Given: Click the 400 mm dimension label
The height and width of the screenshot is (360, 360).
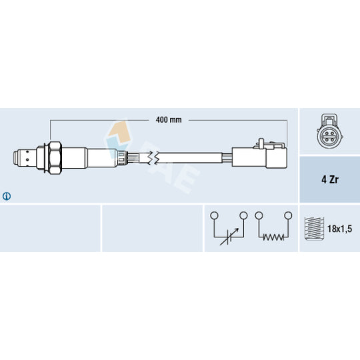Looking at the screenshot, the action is [169, 120].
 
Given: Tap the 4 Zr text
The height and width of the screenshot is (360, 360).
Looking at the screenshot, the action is [330, 179].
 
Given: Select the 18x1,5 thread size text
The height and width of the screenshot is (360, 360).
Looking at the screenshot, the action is [339, 229].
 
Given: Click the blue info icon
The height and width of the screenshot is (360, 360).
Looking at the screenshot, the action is [7, 196].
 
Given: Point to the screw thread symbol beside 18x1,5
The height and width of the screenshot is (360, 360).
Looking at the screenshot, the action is [314, 229].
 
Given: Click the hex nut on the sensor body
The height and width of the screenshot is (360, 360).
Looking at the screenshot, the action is [55, 158].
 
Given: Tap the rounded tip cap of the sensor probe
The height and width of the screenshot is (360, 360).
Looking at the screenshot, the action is [16, 157].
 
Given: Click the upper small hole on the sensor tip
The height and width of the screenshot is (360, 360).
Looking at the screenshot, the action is [27, 151].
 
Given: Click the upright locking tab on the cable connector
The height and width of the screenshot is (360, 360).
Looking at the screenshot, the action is [261, 143].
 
